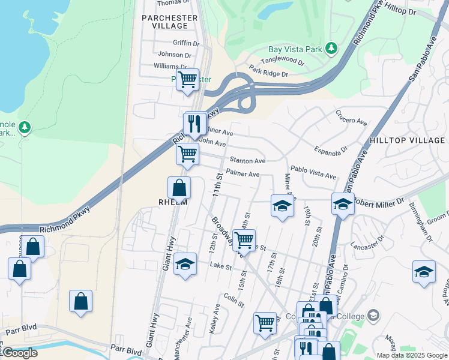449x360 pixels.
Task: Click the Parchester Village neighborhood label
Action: tap(169, 22)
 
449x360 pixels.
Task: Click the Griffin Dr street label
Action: tap(185, 43)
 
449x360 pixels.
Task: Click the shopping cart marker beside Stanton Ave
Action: tap(187, 154)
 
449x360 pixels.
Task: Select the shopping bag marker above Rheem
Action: tap(179, 188)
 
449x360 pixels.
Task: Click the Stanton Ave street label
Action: tap(247, 161)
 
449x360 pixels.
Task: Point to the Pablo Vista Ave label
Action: tap(313, 173)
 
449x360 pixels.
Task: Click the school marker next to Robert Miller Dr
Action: tap(343, 205)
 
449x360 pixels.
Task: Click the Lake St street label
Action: tap(220, 266)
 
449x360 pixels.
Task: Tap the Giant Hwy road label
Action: tap(167, 252)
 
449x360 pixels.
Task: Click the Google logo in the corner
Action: tap(20, 353)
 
